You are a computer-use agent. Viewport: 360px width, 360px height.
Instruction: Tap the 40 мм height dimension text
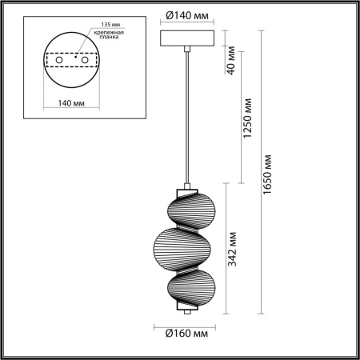[231, 59]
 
